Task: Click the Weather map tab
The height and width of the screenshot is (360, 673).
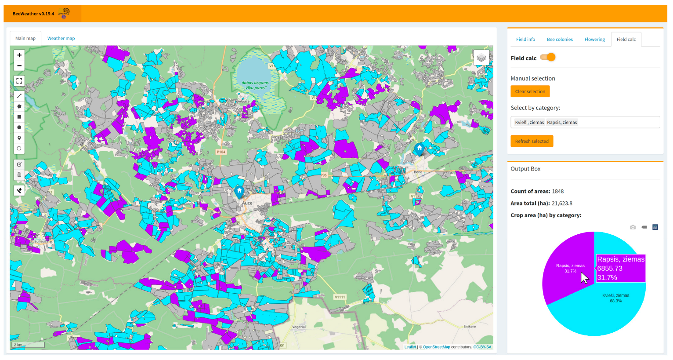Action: pos(61,38)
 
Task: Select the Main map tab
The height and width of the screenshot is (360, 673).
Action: pos(25,38)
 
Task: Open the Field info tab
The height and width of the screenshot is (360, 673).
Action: pos(525,40)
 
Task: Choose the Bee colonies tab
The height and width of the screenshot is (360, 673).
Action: pos(560,40)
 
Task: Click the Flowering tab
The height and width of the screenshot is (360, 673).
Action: pos(594,40)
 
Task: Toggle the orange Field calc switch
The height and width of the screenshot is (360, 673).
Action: pos(548,58)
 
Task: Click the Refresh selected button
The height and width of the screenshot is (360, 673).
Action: pos(532,141)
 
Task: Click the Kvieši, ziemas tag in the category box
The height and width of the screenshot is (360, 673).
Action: pos(529,122)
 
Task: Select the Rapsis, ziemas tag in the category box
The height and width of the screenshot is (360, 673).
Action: pos(562,122)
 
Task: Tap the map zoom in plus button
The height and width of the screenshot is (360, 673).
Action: pos(19,55)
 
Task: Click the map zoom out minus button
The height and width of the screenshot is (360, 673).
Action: pos(19,66)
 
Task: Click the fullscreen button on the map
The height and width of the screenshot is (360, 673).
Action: pos(19,81)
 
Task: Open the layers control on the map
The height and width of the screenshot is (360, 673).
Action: pos(481,58)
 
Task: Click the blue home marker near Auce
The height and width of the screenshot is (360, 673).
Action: pos(239,191)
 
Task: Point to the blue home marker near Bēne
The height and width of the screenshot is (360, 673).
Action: pos(420,149)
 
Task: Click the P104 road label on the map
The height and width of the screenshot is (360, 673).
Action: pos(221,152)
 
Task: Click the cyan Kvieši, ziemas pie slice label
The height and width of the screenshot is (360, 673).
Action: pos(615,298)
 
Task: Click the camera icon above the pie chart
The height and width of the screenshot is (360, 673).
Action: pos(633,227)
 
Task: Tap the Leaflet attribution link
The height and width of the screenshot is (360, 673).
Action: pos(410,347)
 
